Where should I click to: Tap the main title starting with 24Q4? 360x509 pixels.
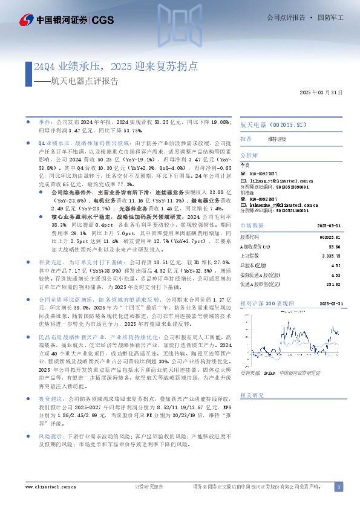click(x=116, y=66)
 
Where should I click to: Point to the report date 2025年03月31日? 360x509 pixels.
click(x=321, y=94)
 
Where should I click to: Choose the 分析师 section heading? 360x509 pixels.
click(x=249, y=155)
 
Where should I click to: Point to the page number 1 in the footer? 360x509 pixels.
click(x=339, y=487)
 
